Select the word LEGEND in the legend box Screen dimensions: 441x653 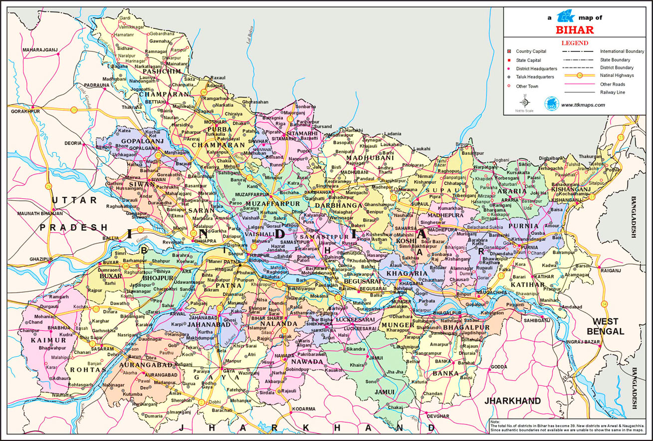574,43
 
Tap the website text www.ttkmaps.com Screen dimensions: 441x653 583,105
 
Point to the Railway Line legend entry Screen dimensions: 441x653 613,92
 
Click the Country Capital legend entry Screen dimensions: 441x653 531,51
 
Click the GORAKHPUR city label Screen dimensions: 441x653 25,110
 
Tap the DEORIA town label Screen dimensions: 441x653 72,143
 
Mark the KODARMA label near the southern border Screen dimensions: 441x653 304,409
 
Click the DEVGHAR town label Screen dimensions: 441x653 438,416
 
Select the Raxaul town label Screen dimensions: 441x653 218,78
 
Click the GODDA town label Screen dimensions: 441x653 499,367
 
